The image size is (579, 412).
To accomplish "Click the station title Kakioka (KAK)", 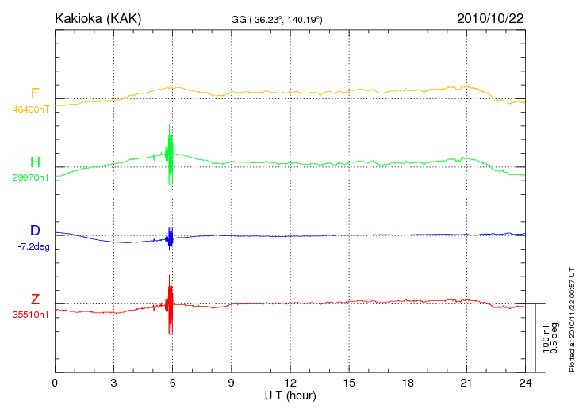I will [98, 18].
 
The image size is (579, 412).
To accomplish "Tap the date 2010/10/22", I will [490, 17].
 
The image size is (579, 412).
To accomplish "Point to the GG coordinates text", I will [276, 19].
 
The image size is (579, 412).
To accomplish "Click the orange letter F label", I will [35, 93].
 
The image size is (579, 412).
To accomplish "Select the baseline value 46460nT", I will [30, 109].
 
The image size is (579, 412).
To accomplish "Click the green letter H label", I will [35, 162].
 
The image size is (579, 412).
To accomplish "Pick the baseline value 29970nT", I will [30, 177].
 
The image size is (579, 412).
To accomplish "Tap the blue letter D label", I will [35, 231].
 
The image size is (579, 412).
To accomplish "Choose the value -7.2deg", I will [33, 246].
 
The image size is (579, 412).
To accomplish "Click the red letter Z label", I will [35, 299].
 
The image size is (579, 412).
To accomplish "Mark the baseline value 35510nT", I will [30, 315].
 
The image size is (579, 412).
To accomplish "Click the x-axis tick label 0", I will [55, 383].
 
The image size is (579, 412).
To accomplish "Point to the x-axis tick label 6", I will [172, 383].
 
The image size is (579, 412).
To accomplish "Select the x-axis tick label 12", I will [290, 383].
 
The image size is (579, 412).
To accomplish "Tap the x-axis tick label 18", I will [408, 383].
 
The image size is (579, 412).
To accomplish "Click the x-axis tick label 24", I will [525, 383].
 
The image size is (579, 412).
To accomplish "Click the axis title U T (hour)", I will [290, 395].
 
